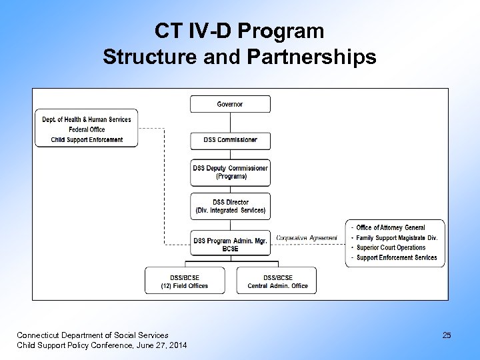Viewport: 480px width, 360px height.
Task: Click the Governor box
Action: [230, 104]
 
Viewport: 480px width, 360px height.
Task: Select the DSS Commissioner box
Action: [230, 140]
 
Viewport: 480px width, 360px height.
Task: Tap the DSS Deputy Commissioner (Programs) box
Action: [230, 172]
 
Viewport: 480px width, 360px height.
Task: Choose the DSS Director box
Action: [230, 206]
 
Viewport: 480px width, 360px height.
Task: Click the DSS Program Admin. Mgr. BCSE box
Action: [230, 245]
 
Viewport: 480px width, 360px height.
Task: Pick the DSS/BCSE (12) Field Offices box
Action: [184, 281]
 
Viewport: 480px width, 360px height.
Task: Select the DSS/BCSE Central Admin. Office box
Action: [277, 281]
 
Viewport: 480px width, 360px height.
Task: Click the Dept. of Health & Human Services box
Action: [87, 120]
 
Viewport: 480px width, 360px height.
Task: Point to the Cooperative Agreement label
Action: [307, 238]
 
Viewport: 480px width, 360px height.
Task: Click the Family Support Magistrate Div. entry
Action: [397, 238]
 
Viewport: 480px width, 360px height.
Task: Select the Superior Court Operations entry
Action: [391, 248]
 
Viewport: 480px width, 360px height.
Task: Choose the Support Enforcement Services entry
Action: [397, 258]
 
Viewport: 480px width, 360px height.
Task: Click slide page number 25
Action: [447, 335]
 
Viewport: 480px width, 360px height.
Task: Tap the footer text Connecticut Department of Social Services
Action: [93, 335]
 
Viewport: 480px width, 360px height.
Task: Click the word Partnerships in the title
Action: [311, 57]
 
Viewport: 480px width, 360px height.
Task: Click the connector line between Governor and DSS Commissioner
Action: [230, 122]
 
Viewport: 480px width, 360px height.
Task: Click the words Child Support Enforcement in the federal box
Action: [87, 140]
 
